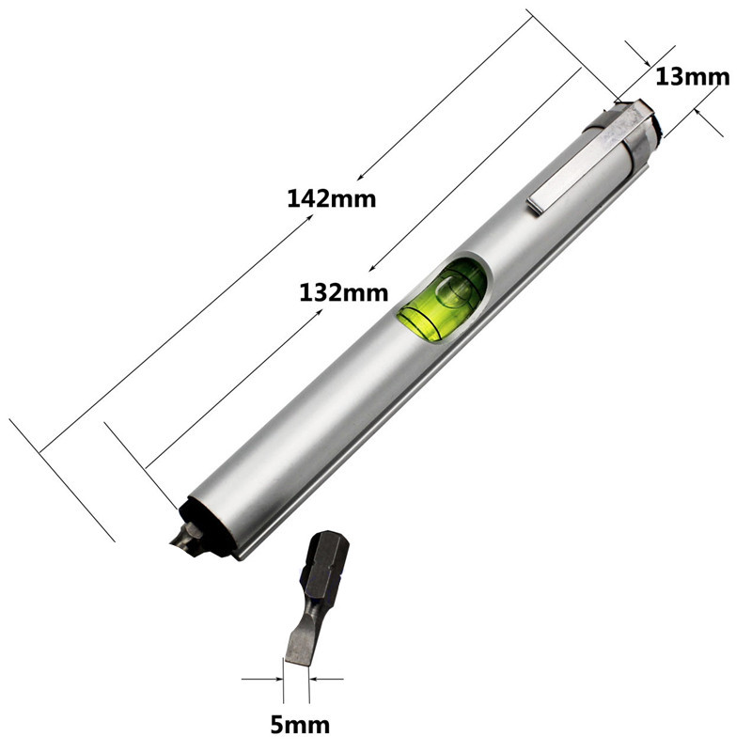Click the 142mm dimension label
point(332,198)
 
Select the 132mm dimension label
point(344,291)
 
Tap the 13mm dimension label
point(693,76)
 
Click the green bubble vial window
point(442,299)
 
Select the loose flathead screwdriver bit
point(315,602)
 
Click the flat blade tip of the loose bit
point(299,653)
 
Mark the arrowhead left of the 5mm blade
point(278,678)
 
